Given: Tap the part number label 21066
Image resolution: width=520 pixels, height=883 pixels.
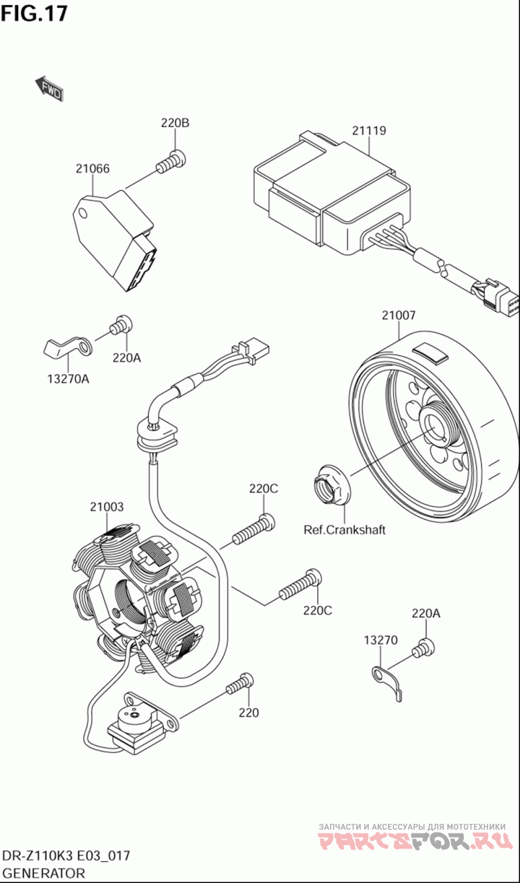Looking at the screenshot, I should (x=92, y=168).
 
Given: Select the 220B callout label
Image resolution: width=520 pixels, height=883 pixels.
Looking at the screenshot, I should (x=175, y=124).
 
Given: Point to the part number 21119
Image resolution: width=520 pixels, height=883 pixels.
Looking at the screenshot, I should (x=369, y=131).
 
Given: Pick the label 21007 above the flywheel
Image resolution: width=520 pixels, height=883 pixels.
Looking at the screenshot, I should (x=398, y=315).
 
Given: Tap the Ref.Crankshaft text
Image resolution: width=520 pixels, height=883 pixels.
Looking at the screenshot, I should (x=344, y=529).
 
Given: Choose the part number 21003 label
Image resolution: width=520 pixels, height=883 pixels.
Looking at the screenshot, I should (x=107, y=507).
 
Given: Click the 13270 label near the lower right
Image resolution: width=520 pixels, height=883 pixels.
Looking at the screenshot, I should (x=380, y=640).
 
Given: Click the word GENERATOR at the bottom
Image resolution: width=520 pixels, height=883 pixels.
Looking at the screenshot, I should (x=44, y=873).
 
